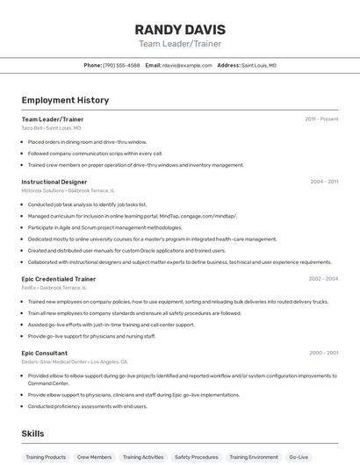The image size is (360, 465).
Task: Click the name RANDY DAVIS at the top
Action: tap(180, 29)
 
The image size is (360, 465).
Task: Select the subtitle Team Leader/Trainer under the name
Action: tap(180, 44)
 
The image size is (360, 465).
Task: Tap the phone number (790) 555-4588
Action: tap(121, 65)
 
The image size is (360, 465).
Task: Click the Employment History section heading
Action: tap(65, 100)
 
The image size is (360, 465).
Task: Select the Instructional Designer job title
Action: tap(54, 182)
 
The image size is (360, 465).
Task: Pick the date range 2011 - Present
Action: tap(321, 118)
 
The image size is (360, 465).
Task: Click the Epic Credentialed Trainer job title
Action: tap(59, 279)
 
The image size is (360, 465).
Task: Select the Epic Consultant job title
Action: tap(45, 353)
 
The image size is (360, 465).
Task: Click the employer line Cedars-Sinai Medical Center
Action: tap(74, 361)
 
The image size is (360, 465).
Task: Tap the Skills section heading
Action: tap(32, 433)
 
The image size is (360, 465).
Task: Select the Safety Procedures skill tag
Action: tap(196, 457)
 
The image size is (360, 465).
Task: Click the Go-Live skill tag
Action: tap(299, 457)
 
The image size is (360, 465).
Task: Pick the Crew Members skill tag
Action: tap(94, 457)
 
